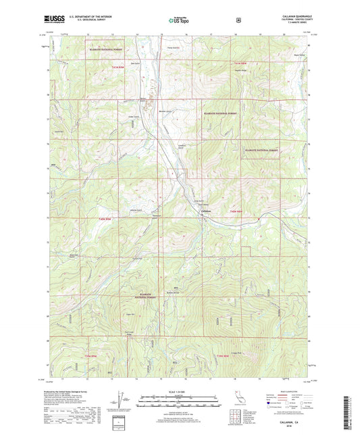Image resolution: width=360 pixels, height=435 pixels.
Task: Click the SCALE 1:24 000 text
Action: (179, 391)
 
